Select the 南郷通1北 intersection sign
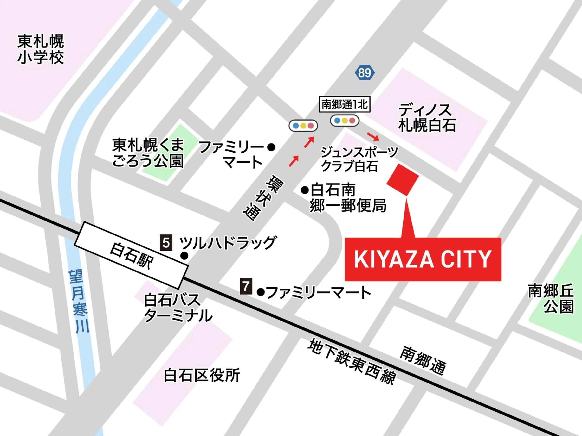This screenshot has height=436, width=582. click(x=344, y=105)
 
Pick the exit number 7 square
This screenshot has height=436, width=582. click(x=246, y=286)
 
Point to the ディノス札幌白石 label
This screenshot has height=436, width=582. click(x=427, y=117)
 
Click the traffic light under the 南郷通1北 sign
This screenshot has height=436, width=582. click(x=344, y=121)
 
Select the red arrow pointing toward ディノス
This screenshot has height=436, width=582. click(x=373, y=136)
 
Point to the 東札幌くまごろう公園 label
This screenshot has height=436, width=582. click(x=148, y=153)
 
